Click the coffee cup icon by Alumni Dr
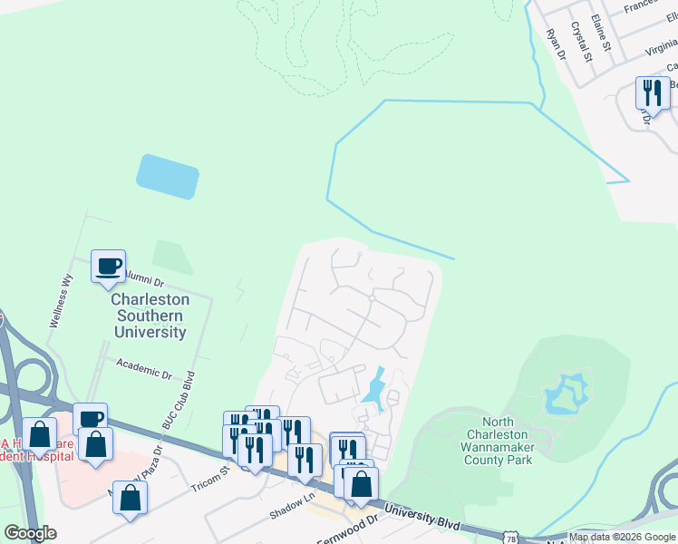point(109,267)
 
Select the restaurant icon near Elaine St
point(653,93)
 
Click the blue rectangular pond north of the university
point(168,176)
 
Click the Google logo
point(30,533)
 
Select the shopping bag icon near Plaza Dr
point(131,498)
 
